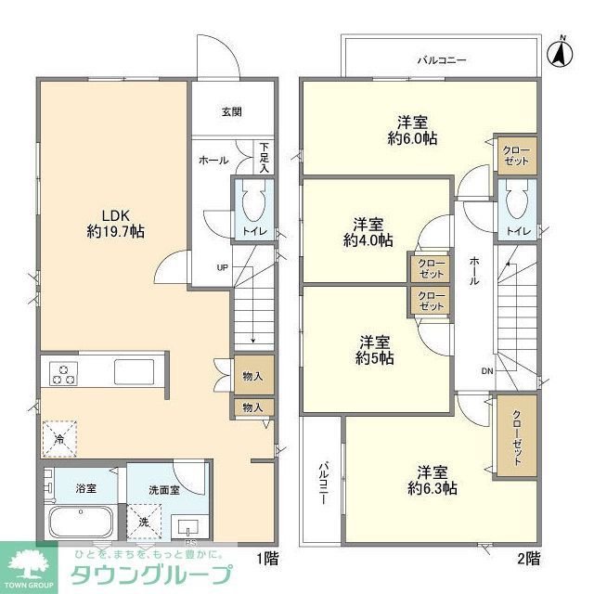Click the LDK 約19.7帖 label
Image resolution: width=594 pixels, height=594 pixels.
click(x=110, y=217)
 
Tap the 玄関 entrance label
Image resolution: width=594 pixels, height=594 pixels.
click(x=231, y=112)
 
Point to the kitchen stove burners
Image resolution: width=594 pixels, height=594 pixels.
click(x=63, y=374)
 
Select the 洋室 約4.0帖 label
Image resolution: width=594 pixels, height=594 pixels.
click(x=368, y=231)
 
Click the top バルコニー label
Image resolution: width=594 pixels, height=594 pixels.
click(x=441, y=59)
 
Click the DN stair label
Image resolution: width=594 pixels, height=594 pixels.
click(x=488, y=370)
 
